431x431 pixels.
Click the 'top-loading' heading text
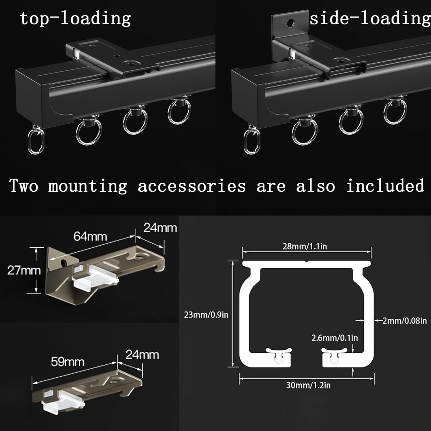75,18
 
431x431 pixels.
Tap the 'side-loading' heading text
370,18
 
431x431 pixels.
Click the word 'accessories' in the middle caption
192,186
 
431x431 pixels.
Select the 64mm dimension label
90,236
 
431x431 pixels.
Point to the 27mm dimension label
24,270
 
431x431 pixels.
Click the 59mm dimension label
68,362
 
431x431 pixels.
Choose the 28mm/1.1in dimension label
305,246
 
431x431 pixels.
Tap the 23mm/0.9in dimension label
206,315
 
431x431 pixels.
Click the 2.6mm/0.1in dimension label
335,338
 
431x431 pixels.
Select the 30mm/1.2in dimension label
308,385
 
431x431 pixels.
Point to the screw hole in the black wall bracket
292,22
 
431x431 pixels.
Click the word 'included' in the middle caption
385,186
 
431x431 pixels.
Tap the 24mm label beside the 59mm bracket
142,355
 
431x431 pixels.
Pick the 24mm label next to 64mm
160,228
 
